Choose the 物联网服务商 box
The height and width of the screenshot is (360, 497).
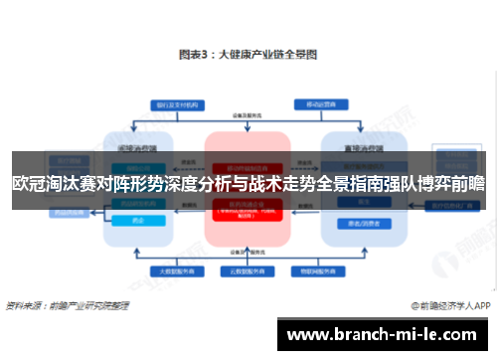point(324,269)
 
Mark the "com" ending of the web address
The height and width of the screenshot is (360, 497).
point(466,333)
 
